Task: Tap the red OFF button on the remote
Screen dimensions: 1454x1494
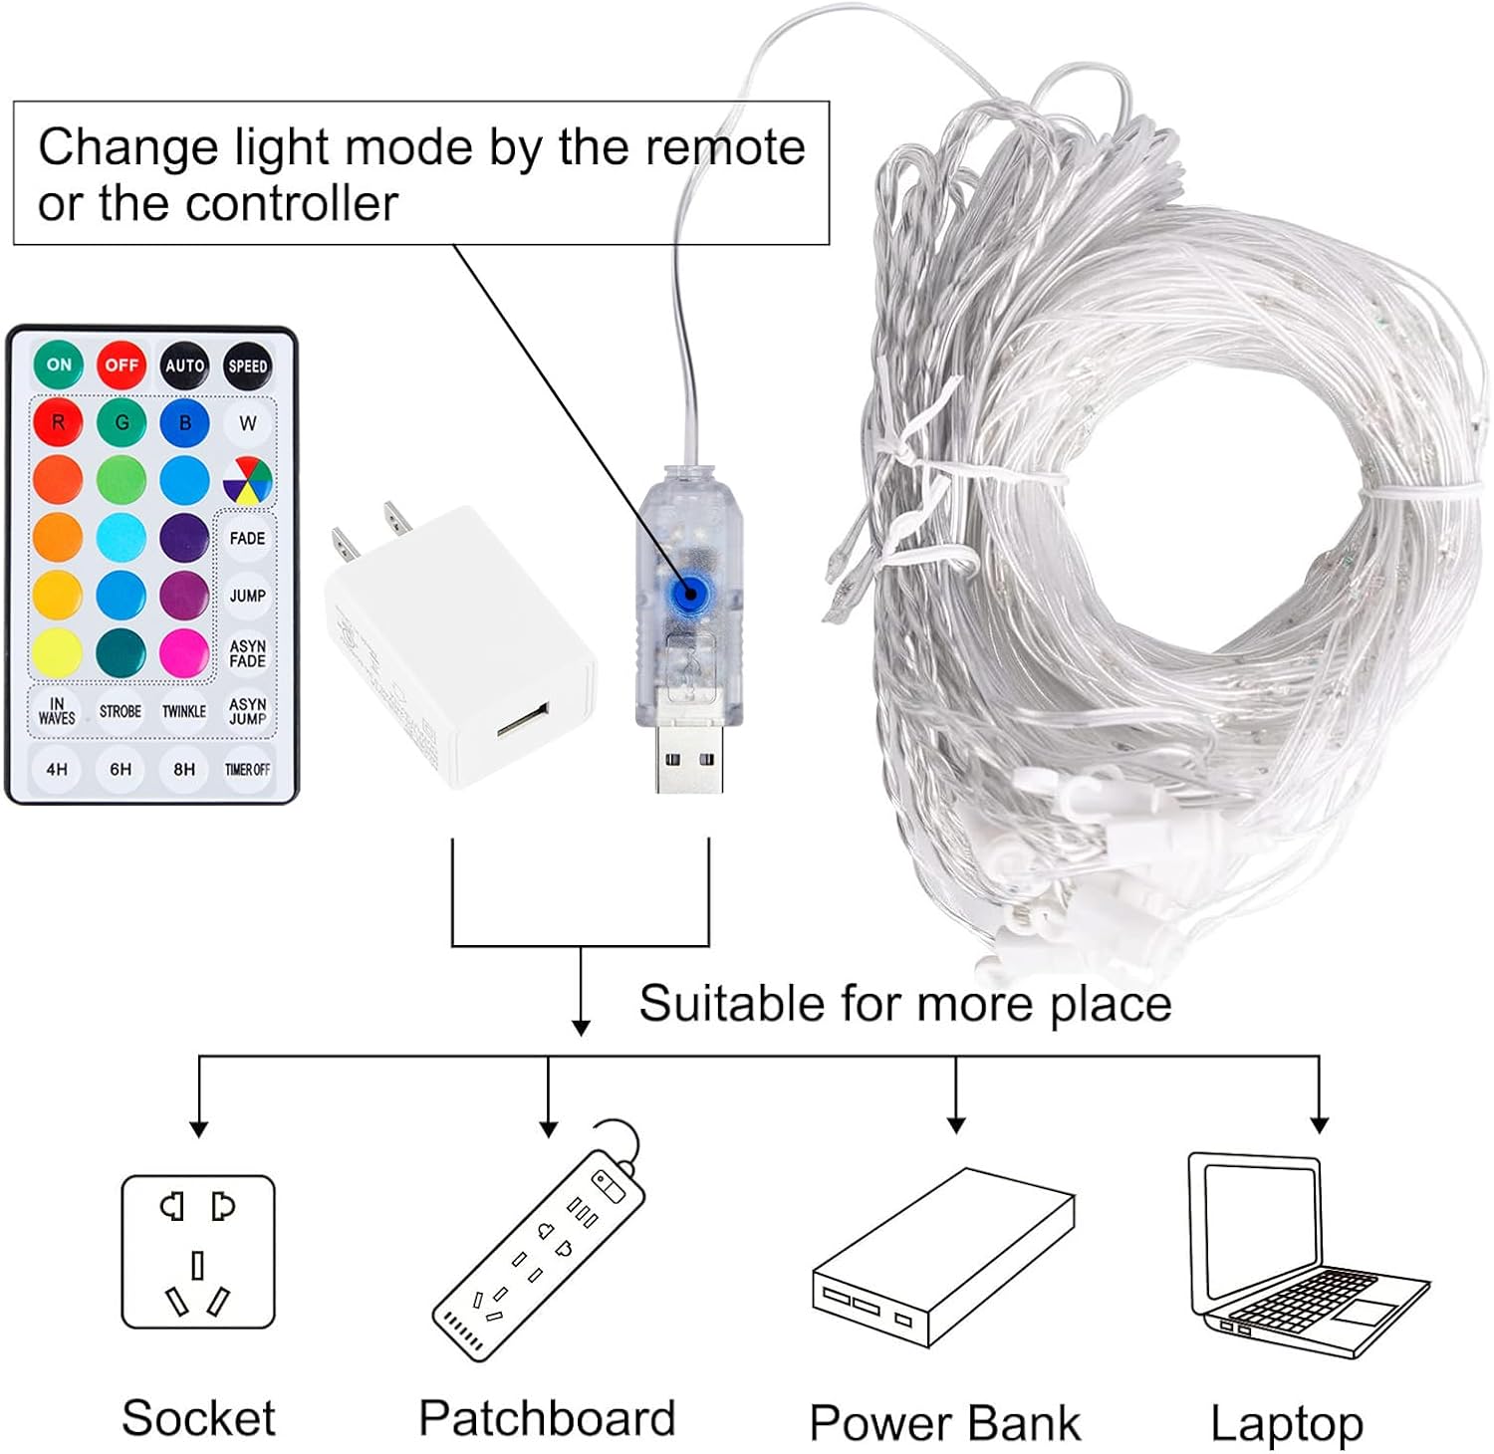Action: point(122,365)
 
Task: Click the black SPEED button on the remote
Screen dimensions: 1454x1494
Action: point(247,365)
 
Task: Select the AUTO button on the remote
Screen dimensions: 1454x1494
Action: point(184,365)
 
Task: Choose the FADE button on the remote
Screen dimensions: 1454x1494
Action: point(247,539)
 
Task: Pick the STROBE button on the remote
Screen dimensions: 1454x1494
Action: point(121,711)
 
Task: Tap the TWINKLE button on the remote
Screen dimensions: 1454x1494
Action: point(184,711)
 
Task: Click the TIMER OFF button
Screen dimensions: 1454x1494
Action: point(247,769)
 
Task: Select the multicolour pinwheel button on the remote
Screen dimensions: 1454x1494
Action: point(247,481)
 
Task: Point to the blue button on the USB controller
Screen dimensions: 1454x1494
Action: point(685,594)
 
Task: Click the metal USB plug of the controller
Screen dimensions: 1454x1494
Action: point(689,760)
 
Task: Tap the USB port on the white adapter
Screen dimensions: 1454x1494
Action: point(523,720)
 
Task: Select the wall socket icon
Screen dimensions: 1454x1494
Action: point(197,1252)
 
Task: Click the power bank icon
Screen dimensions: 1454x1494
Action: point(942,1260)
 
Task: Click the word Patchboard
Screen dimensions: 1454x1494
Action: point(547,1418)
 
